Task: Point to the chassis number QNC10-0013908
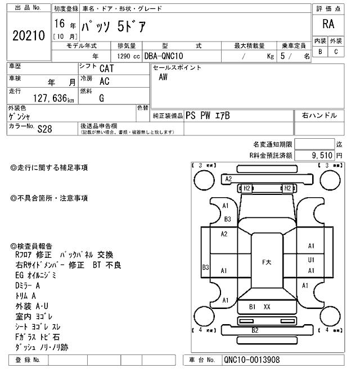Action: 251,360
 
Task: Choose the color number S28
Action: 44,129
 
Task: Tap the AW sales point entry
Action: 163,78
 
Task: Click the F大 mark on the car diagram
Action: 268,262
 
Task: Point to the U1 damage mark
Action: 311,260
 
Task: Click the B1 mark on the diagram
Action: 253,307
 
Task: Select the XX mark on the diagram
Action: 267,307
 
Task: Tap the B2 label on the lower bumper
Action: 255,330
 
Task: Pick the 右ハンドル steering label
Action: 319,115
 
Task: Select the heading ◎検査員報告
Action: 32,245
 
